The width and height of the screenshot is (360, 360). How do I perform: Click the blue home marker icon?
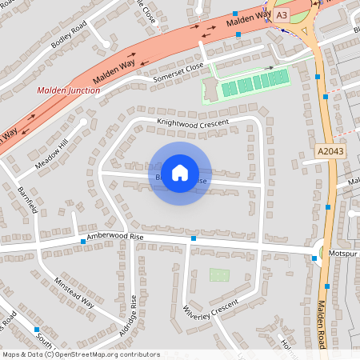tap(180, 173)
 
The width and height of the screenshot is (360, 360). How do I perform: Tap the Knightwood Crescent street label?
tap(193, 122)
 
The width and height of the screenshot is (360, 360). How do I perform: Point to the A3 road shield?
tap(281, 15)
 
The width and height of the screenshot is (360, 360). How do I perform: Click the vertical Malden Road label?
tap(321, 323)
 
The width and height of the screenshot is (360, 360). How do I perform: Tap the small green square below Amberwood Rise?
tap(219, 274)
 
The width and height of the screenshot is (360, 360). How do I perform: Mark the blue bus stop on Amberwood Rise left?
tap(82, 241)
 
